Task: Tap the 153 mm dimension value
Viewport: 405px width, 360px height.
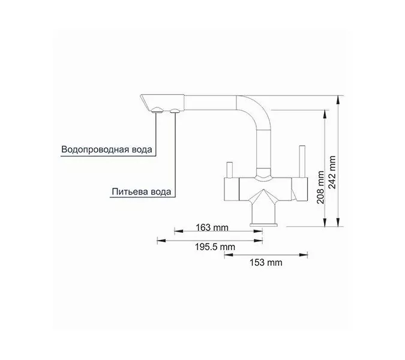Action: click(x=265, y=263)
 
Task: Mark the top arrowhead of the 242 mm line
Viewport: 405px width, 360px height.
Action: click(x=340, y=97)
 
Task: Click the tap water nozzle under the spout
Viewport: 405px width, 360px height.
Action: click(x=157, y=110)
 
